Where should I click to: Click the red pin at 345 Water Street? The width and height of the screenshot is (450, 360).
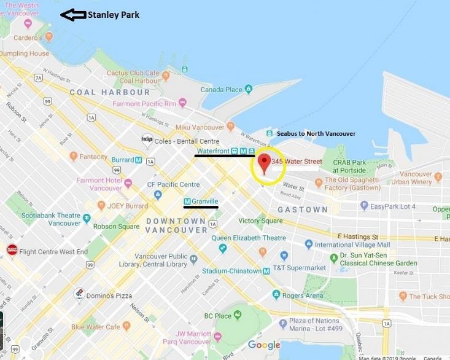point(265,163)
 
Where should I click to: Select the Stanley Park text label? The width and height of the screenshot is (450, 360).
point(114,15)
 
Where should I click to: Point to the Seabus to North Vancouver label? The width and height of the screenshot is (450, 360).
point(316,133)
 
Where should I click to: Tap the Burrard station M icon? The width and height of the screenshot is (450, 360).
point(139,160)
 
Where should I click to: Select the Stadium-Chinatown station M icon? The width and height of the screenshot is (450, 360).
point(266,271)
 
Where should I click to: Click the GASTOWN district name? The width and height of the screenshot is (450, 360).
point(303,209)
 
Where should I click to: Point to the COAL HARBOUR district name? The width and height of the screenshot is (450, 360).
point(110,92)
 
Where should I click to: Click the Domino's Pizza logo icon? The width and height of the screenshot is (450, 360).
point(79,294)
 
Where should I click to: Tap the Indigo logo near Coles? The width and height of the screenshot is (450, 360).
point(147,139)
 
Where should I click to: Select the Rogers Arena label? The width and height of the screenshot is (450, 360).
point(303,295)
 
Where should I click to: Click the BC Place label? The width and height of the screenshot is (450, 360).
point(218,316)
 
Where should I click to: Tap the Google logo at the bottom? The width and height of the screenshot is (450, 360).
point(264,345)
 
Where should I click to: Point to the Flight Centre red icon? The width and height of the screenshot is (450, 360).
point(12,250)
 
